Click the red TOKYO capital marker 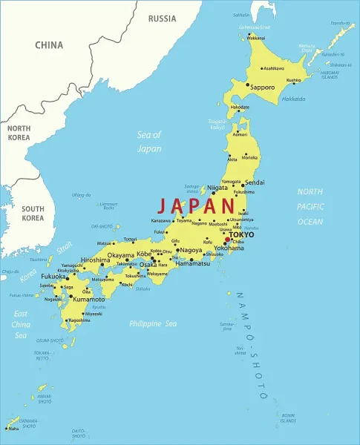pos(227,240)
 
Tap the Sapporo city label pos(262,87)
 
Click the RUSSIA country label pos(162,18)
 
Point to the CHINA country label pos(49,44)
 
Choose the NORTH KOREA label pos(19,133)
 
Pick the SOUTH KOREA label pos(33,214)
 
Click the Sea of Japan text pos(148,141)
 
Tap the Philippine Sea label pos(153,323)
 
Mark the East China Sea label pos(20,324)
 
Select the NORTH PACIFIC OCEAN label pos(310,206)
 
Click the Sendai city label pos(254,182)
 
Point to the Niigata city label pos(217,188)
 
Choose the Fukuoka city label pos(54,277)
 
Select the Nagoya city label pos(191,251)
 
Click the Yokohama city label pos(229,248)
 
